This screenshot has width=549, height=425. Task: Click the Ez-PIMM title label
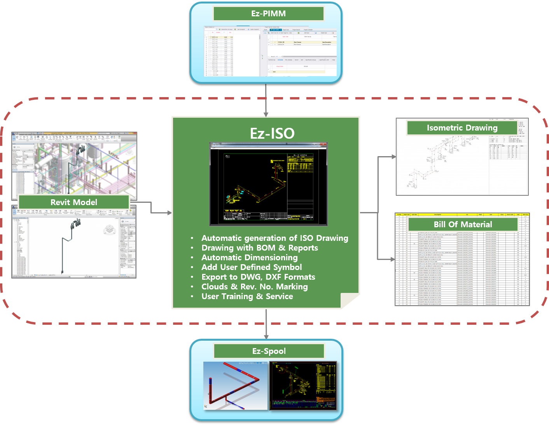point(268,14)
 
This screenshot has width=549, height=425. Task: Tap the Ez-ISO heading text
point(272,134)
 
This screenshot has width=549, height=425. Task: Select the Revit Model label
point(74,202)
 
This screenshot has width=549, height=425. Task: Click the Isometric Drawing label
point(462,128)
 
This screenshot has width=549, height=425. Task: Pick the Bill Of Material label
point(463,225)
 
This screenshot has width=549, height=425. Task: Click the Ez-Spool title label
point(269,351)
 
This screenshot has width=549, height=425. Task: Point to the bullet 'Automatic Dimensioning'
point(249,258)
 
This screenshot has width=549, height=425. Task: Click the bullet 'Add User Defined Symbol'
point(251,267)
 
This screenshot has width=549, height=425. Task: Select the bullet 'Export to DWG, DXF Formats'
point(258,277)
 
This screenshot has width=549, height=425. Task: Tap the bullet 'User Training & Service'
point(247,296)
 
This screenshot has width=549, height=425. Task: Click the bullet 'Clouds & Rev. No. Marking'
point(254,287)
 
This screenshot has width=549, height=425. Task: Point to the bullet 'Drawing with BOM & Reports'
point(259,248)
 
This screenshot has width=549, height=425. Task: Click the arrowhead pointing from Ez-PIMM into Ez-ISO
point(266,114)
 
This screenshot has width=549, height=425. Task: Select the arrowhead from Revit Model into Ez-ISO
point(169,213)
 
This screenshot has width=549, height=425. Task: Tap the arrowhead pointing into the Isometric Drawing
point(393,157)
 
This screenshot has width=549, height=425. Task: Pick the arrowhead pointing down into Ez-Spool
point(266,336)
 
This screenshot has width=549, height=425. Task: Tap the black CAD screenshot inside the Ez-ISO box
point(268,185)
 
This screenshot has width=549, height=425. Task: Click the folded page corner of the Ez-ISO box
point(351,300)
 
